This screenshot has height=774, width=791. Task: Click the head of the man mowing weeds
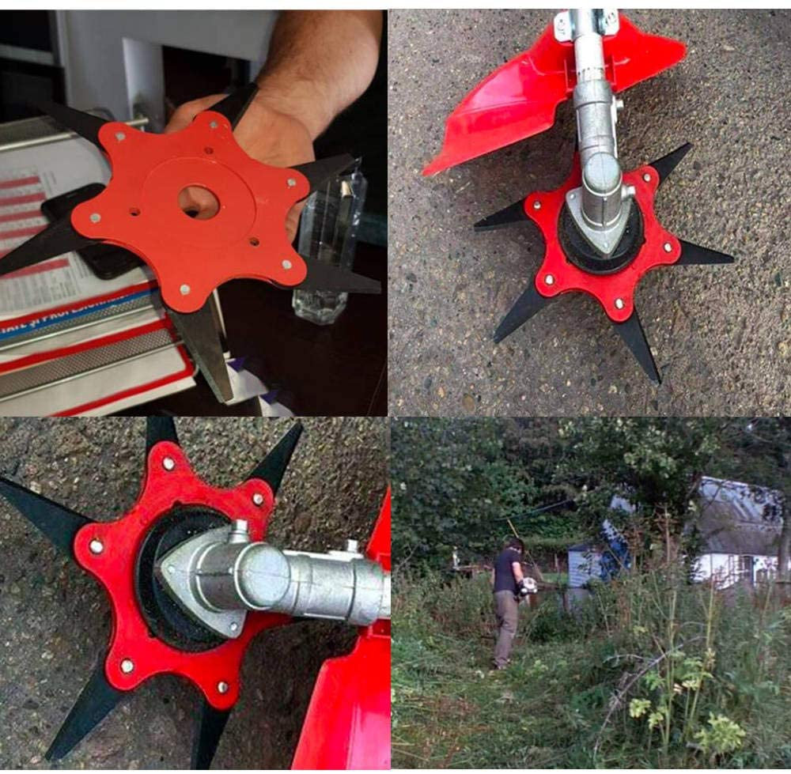[x=515, y=546]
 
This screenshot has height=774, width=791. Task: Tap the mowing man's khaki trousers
[x=504, y=629]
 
